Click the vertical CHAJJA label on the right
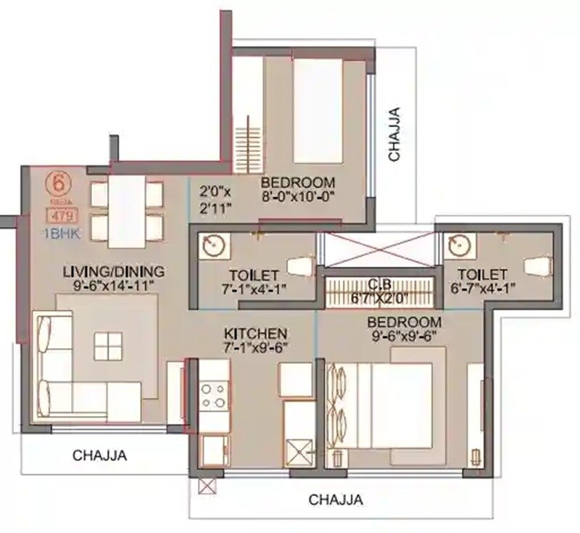pos(394,134)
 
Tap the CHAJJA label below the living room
pos(100,455)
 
